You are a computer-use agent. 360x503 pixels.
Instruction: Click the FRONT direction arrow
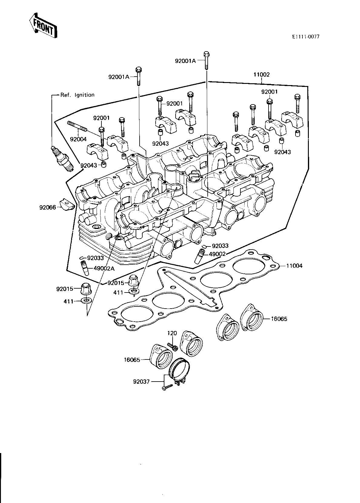pyautogui.click(x=43, y=25)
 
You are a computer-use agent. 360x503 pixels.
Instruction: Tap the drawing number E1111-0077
pyautogui.click(x=306, y=37)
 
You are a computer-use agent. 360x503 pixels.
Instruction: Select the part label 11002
pyautogui.click(x=261, y=74)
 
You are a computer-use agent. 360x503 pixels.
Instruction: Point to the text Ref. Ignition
pyautogui.click(x=78, y=95)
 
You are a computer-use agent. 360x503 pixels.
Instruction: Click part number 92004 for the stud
pyautogui.click(x=78, y=139)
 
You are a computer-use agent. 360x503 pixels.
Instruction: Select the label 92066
pyautogui.click(x=48, y=207)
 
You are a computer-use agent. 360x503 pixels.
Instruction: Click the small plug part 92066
pyautogui.click(x=67, y=205)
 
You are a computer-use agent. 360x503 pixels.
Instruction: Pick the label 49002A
pyautogui.click(x=104, y=268)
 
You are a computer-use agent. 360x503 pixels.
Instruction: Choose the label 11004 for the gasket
pyautogui.click(x=294, y=266)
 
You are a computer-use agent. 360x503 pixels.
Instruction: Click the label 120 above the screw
pyautogui.click(x=172, y=333)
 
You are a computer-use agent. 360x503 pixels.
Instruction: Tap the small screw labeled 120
pyautogui.click(x=173, y=347)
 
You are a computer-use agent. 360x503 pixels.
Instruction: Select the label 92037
pyautogui.click(x=141, y=382)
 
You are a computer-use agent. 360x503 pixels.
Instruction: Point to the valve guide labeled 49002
pyautogui.click(x=199, y=256)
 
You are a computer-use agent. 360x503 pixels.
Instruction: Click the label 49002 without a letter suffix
pyautogui.click(x=217, y=254)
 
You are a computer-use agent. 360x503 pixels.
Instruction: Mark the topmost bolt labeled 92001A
pyautogui.click(x=206, y=61)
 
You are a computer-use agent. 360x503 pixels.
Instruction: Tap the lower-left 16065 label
pyautogui.click(x=132, y=360)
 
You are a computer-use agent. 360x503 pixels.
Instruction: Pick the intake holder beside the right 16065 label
pyautogui.click(x=252, y=317)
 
